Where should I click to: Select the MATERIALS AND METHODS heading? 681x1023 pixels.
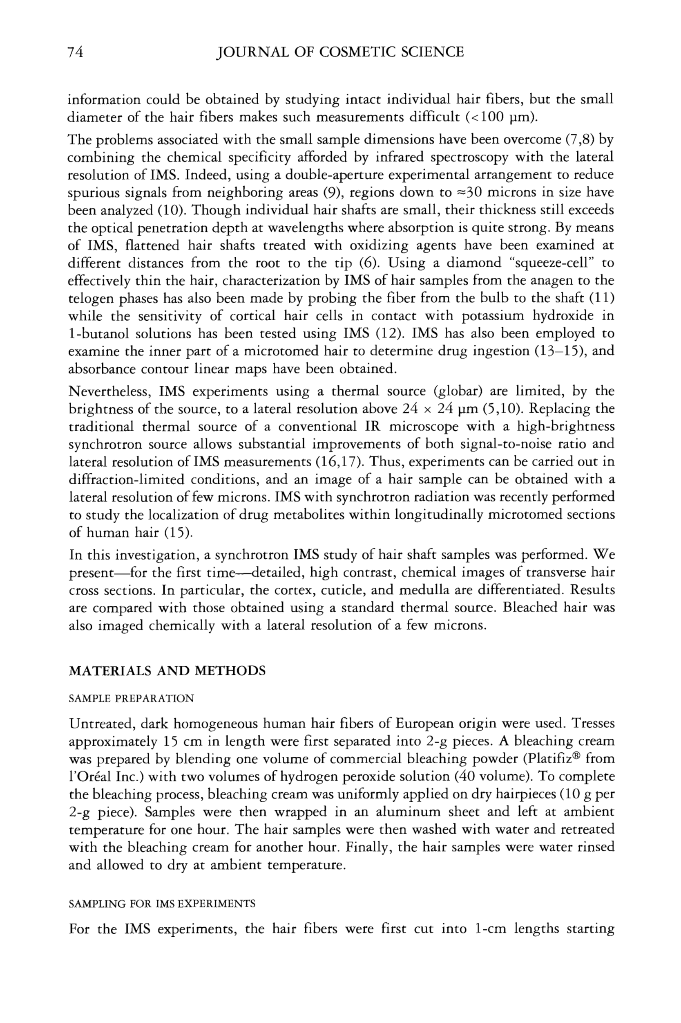click(x=167, y=671)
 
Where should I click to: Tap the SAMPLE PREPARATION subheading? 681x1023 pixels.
click(x=131, y=699)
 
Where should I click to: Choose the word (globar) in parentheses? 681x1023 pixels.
click(x=458, y=392)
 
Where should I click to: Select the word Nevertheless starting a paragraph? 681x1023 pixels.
click(x=109, y=392)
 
